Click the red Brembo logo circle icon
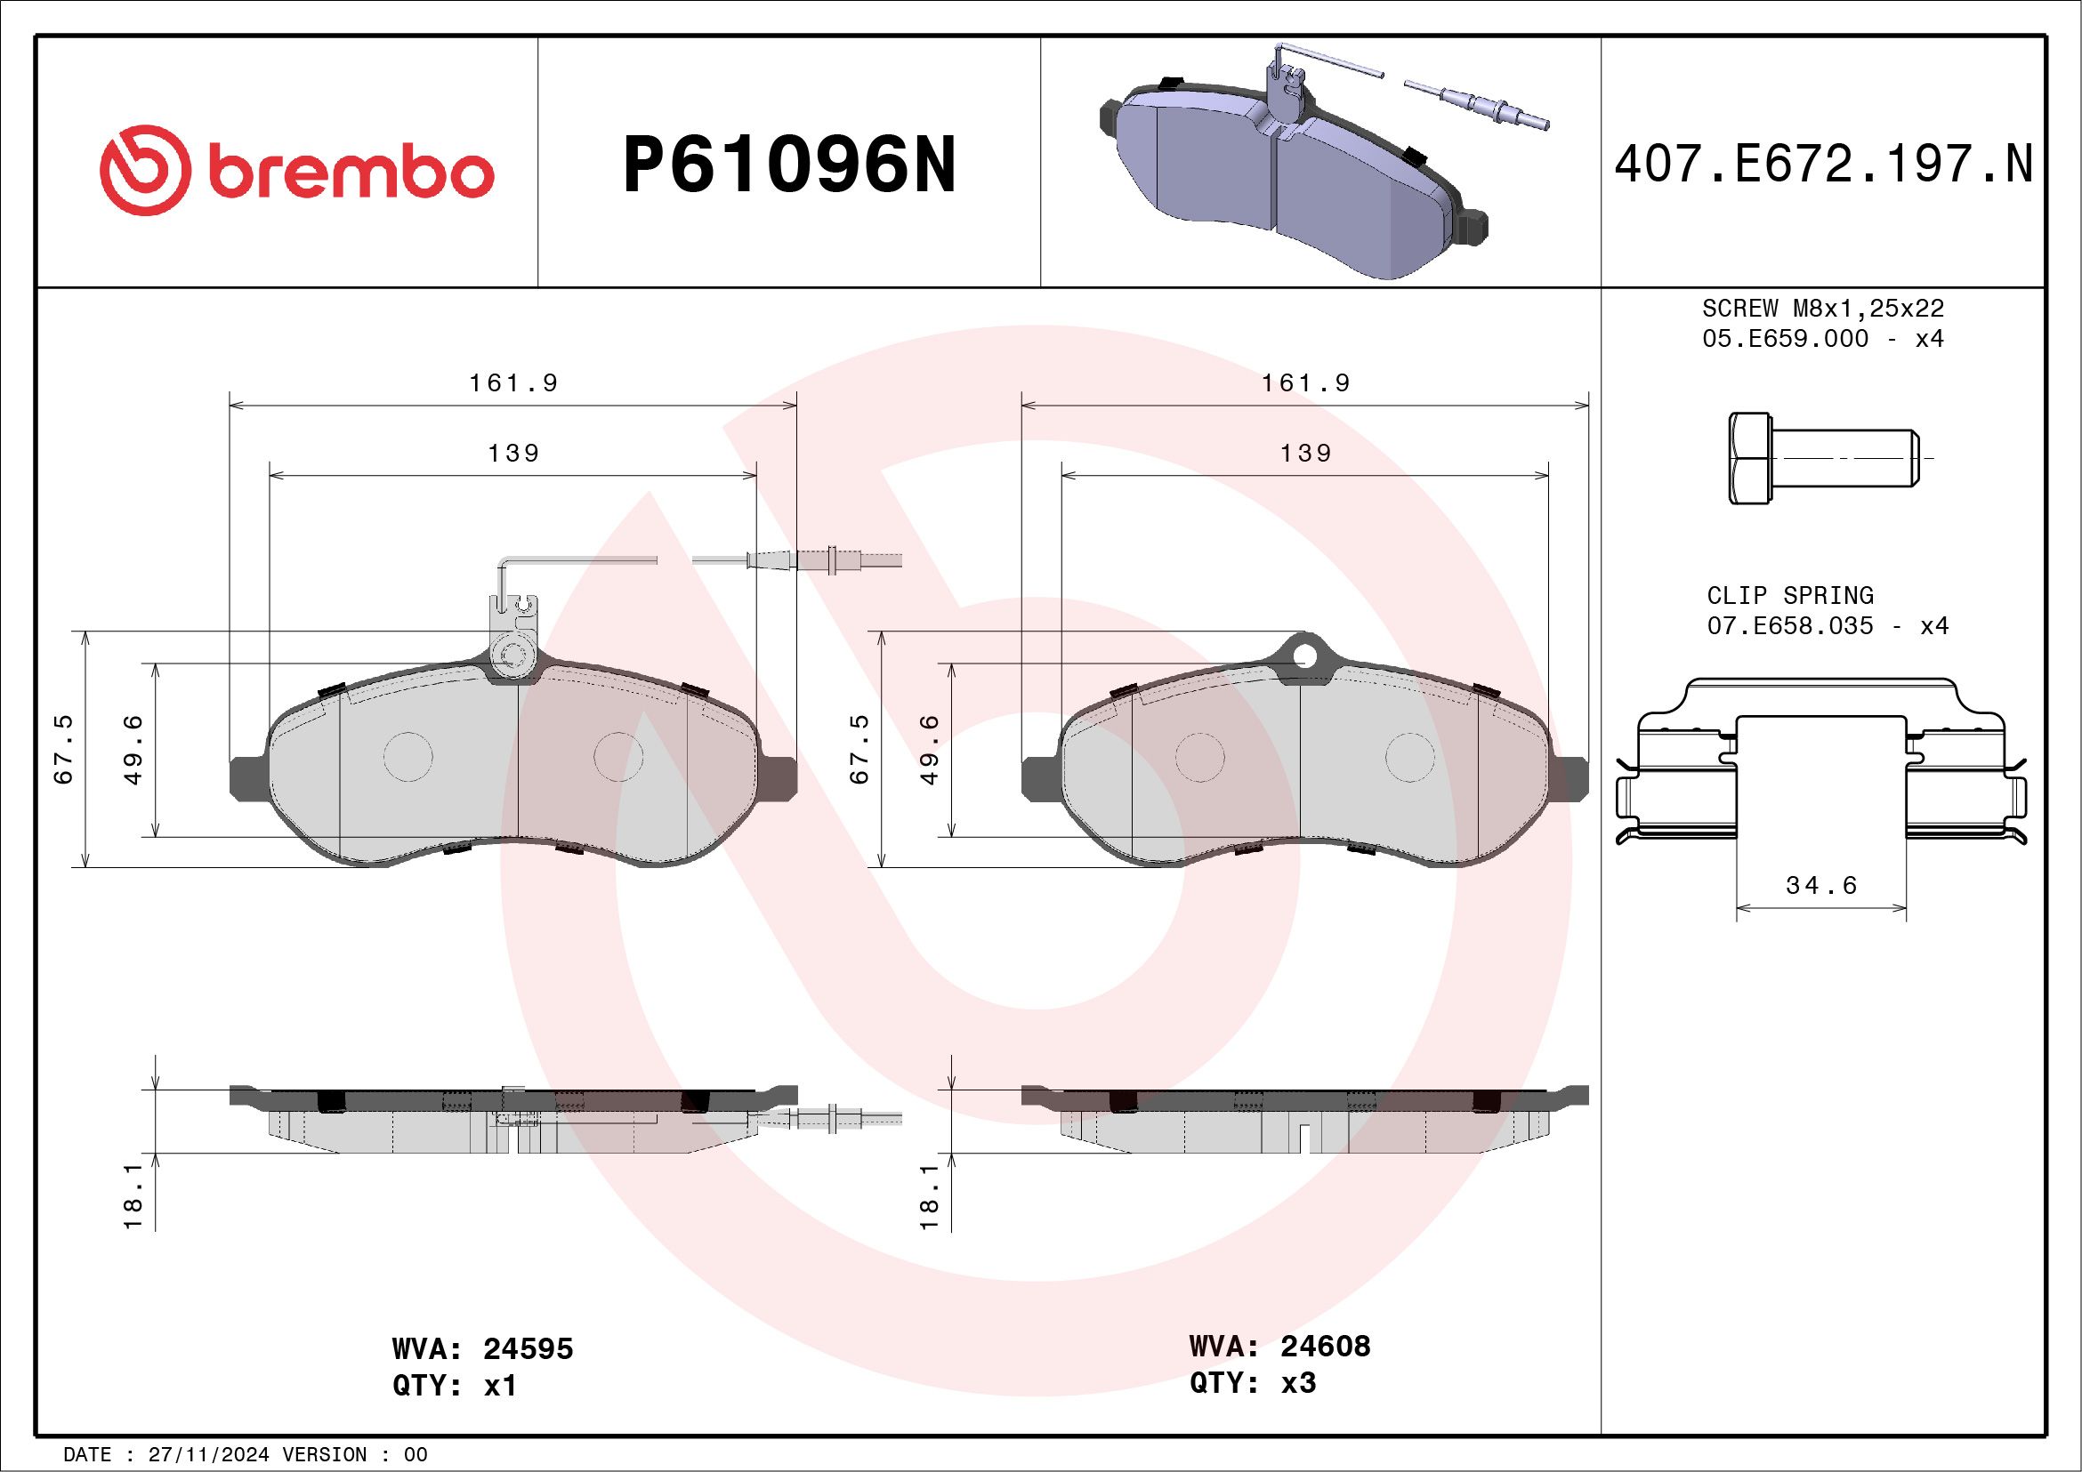pos(145,171)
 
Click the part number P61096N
pos(789,165)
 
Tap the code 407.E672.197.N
pos(1823,165)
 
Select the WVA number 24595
pos(528,1348)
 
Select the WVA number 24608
pos(1325,1346)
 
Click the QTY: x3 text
pos(1252,1383)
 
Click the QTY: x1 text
pos(455,1386)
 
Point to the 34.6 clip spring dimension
pos(1820,885)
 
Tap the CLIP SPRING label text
pos(1789,596)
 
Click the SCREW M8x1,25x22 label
pos(1823,308)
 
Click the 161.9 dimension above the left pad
pos(513,383)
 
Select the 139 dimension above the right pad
pos(1305,454)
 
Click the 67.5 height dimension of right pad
pos(859,749)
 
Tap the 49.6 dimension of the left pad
pos(133,749)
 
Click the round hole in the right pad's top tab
pos(1304,656)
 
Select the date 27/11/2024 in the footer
pos(207,1455)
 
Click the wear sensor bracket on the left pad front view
pos(513,634)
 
